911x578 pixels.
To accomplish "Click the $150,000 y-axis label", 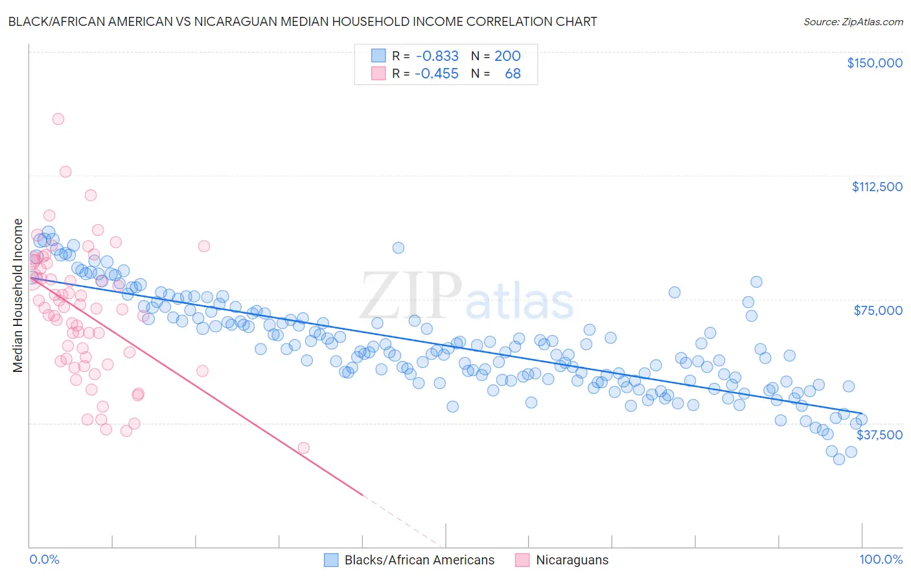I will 874,63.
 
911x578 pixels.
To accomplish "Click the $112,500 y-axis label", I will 877,187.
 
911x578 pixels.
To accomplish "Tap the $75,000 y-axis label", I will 878,310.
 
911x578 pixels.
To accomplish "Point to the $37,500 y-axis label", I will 879,435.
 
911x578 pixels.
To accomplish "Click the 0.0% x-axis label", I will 44,559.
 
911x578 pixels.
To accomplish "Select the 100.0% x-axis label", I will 881,559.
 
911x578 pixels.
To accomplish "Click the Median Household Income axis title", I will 17,295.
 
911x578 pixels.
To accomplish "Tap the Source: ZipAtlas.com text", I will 853,21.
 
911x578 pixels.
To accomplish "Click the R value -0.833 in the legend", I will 437,56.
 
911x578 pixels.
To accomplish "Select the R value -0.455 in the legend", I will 437,74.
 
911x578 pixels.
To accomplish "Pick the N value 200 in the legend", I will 507,56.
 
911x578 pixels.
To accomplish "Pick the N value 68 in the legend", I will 513,74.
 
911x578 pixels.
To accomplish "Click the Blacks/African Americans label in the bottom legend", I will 419,560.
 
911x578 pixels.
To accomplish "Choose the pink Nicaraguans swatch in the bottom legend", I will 522,560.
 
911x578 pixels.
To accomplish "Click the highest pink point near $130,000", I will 58,119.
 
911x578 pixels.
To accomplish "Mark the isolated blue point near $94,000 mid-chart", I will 398,248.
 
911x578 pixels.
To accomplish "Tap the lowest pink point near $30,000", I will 303,448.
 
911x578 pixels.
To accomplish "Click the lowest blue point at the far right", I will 839,459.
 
